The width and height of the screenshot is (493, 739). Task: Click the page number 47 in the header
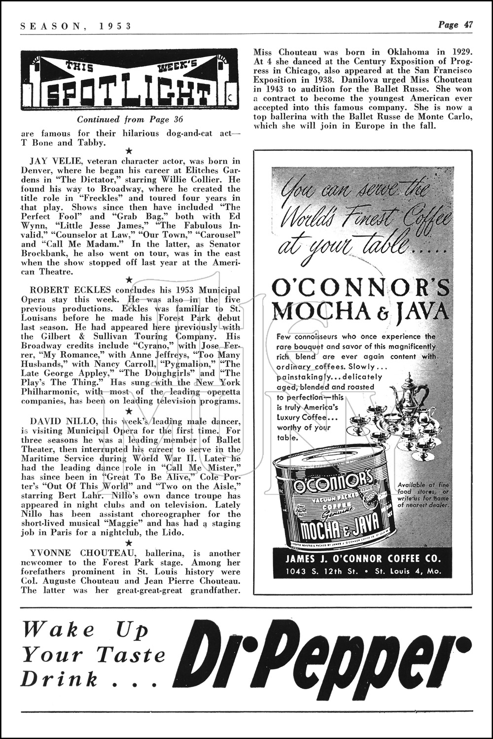tap(466, 25)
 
